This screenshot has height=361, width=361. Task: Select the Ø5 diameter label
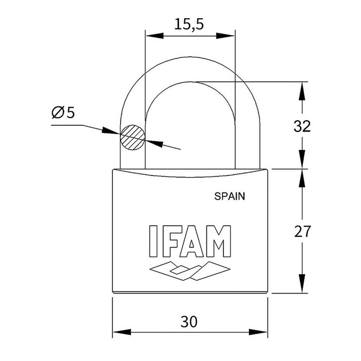click(63, 112)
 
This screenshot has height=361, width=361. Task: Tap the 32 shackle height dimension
click(301, 126)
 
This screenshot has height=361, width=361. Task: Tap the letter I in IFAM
click(152, 241)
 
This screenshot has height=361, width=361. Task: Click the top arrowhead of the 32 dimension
click(301, 88)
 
